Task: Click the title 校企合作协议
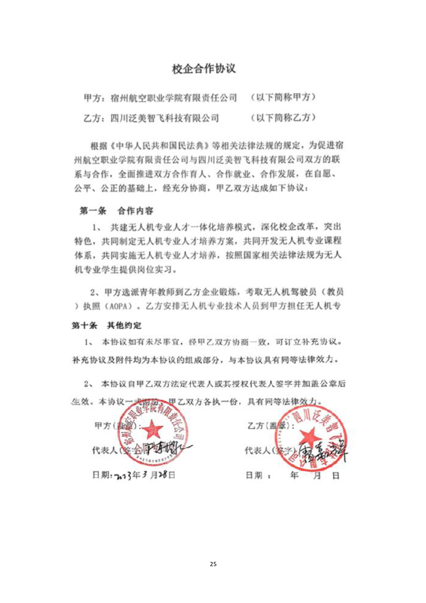click(x=204, y=69)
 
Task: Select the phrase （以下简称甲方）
click(x=283, y=98)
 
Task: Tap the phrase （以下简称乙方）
click(x=283, y=117)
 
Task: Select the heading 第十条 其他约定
click(x=107, y=326)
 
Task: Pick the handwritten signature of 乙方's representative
click(x=320, y=450)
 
